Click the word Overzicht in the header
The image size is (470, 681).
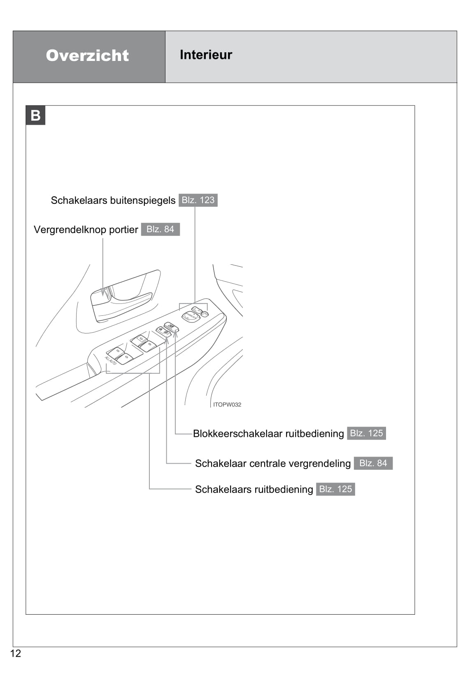[x=87, y=56]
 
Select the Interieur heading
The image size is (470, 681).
[x=206, y=55]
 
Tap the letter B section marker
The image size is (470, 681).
[x=35, y=115]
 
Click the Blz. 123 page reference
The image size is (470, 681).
[x=198, y=200]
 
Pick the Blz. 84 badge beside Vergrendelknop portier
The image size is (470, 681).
[x=160, y=229]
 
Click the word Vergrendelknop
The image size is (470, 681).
[x=70, y=230]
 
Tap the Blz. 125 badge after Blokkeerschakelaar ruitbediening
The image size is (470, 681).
[x=366, y=433]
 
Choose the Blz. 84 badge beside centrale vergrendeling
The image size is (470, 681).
[x=373, y=463]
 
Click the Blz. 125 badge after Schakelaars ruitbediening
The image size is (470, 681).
[x=335, y=489]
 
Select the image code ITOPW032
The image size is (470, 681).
[x=227, y=405]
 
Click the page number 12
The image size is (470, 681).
[x=15, y=653]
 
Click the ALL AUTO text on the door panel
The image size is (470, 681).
[x=111, y=361]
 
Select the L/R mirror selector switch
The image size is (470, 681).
[x=197, y=309]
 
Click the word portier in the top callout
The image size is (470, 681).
[x=123, y=230]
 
